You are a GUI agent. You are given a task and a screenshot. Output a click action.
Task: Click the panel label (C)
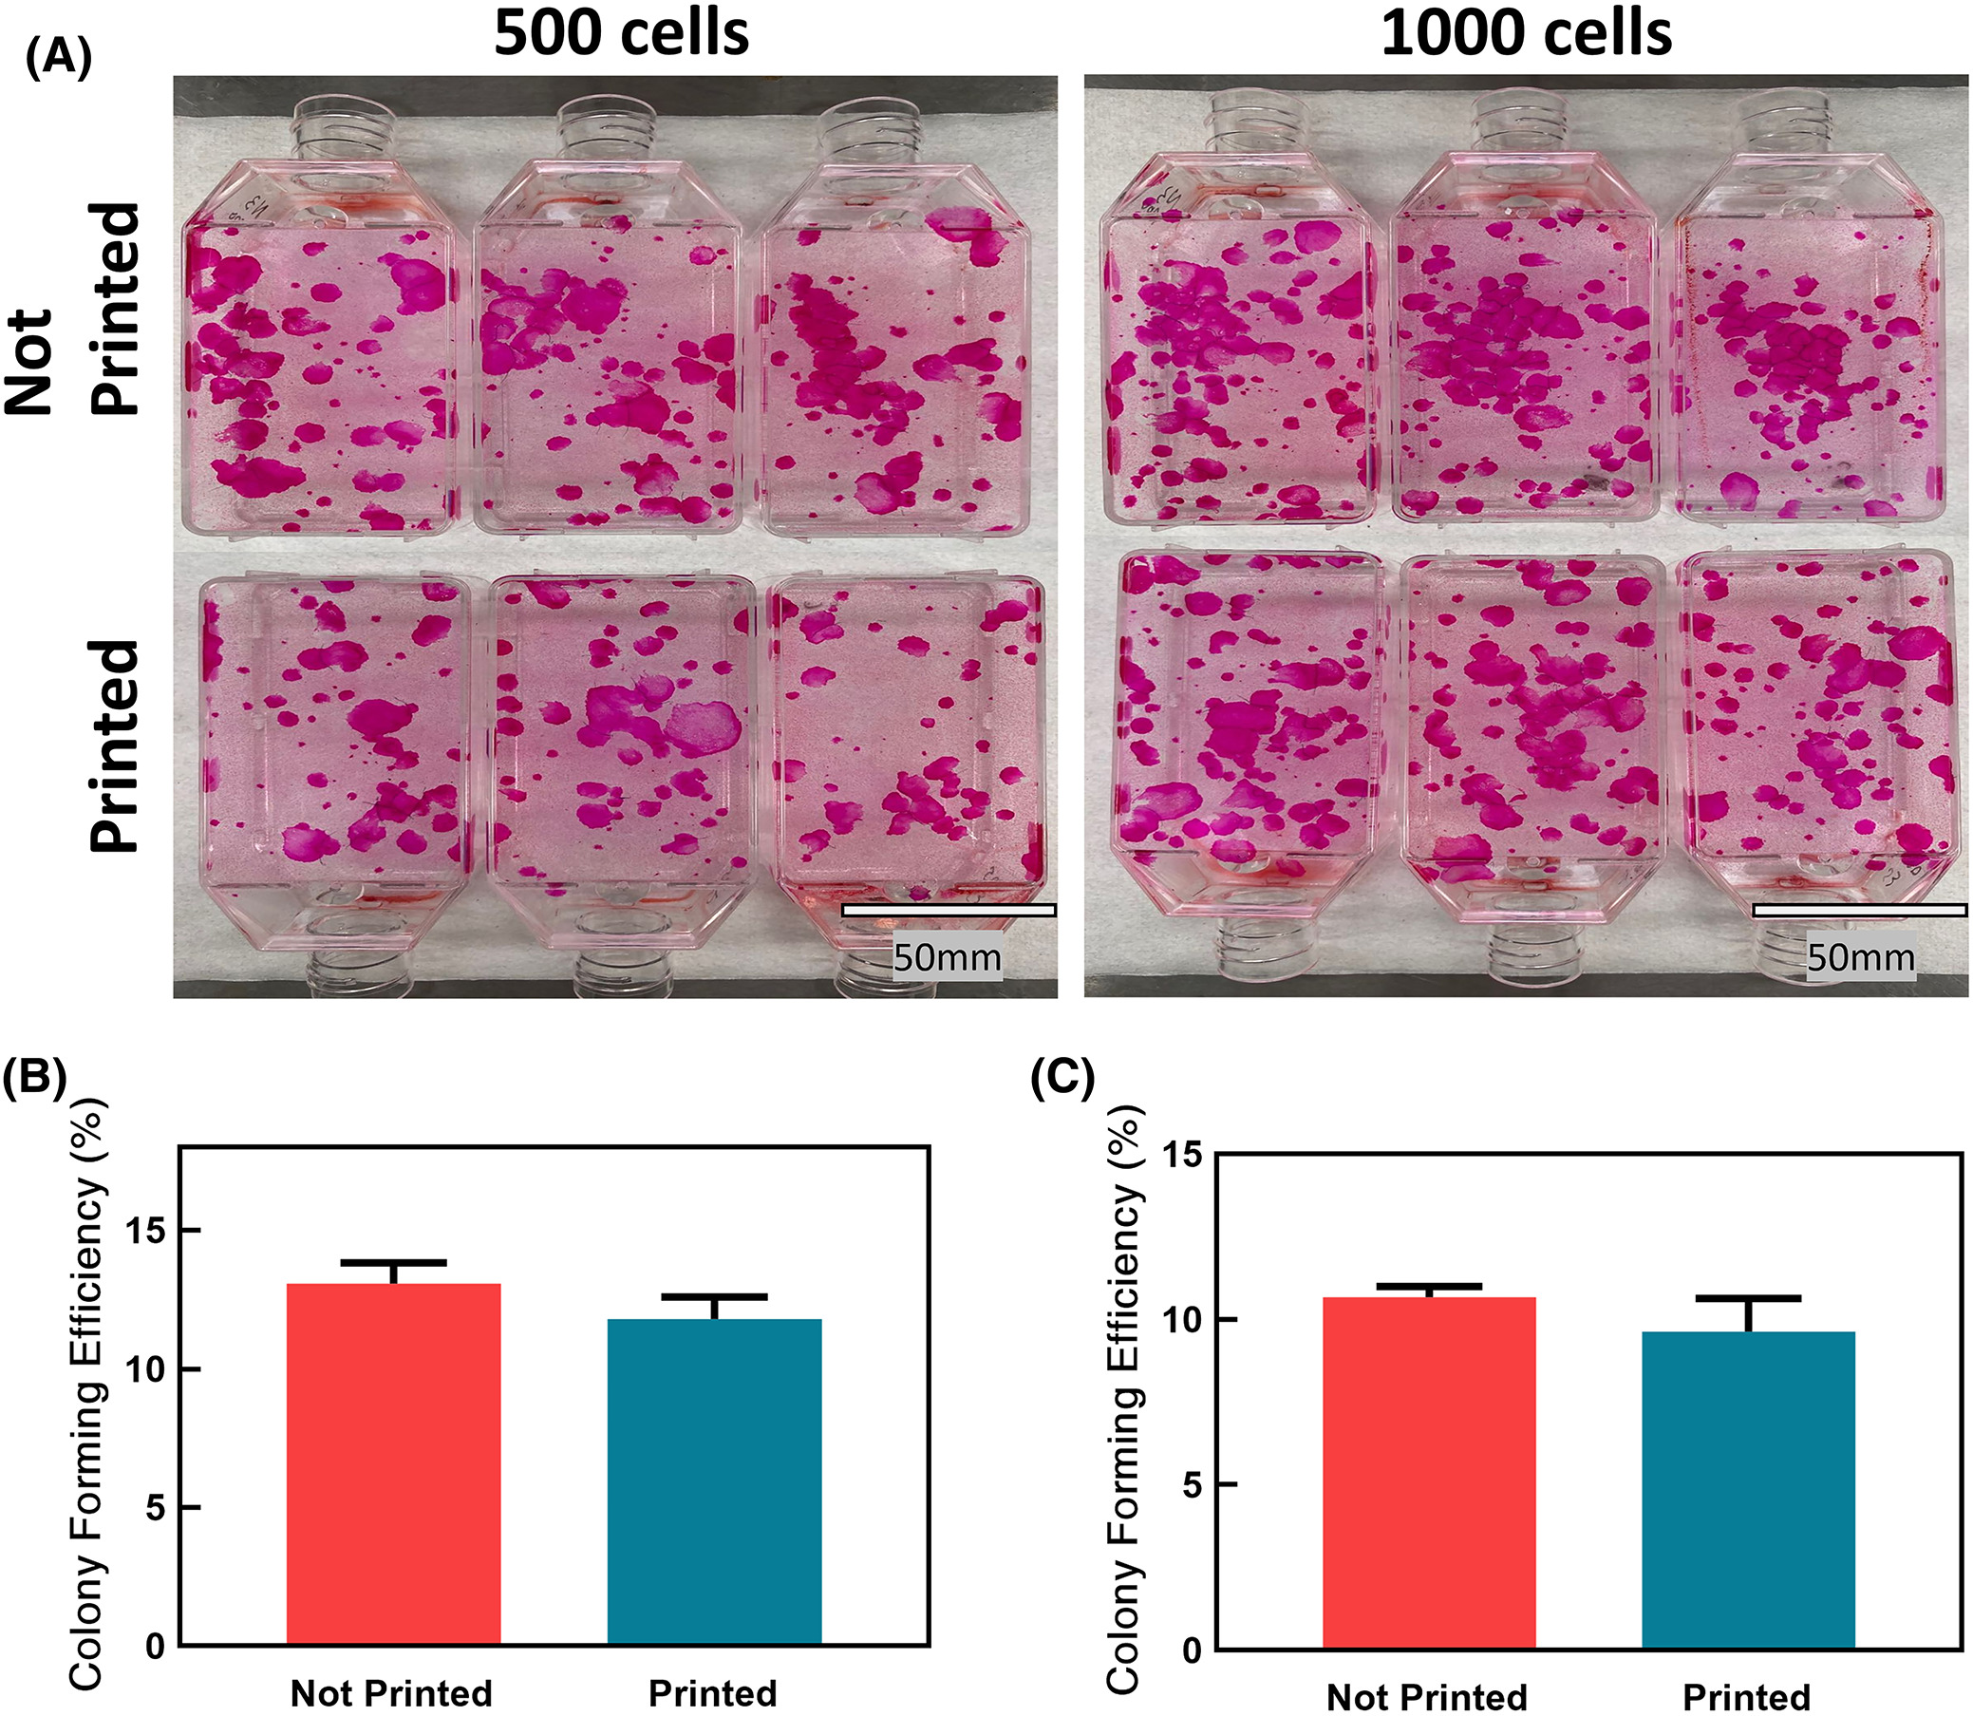click(x=1062, y=1079)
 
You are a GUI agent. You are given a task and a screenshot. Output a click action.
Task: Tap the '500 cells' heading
click(x=621, y=33)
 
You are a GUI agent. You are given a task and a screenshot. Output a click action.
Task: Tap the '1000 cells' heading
click(x=1526, y=33)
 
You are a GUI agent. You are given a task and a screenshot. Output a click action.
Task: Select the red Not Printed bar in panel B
click(x=393, y=1466)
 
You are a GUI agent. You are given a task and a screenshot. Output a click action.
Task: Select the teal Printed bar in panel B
click(x=714, y=1483)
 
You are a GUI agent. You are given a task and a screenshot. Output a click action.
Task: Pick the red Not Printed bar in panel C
click(x=1428, y=1474)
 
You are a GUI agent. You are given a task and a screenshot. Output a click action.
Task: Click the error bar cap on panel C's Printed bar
click(x=1748, y=1299)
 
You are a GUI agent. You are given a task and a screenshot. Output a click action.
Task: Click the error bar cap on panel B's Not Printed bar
click(x=393, y=1262)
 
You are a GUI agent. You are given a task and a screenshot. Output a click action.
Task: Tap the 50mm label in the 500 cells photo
click(x=946, y=956)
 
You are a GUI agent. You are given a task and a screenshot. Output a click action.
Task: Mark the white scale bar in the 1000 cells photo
click(x=1859, y=911)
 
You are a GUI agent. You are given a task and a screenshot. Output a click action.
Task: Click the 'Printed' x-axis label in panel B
click(x=712, y=1693)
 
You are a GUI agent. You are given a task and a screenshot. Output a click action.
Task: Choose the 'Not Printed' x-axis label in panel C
click(x=1426, y=1697)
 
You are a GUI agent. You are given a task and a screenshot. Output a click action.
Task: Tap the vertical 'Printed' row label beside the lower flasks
click(x=115, y=745)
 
